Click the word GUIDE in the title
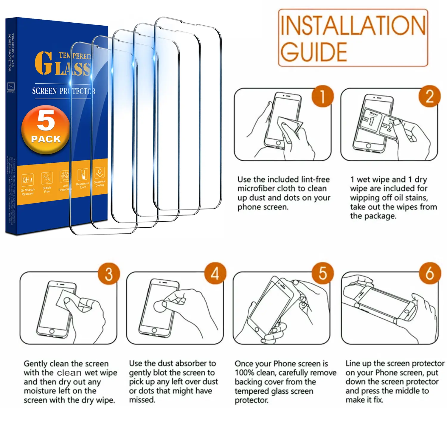coord(314,52)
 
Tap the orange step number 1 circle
coord(322,96)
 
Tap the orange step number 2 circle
coord(429,96)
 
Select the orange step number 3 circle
coord(109,274)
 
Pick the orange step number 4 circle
coord(215,273)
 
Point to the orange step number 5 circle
coord(322,273)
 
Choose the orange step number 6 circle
coord(429,273)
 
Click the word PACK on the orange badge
coord(46,139)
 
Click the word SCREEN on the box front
coord(44,91)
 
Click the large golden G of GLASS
coord(44,63)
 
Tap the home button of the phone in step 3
coord(52,331)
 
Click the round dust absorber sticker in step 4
coord(160,306)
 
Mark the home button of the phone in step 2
coord(369,146)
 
